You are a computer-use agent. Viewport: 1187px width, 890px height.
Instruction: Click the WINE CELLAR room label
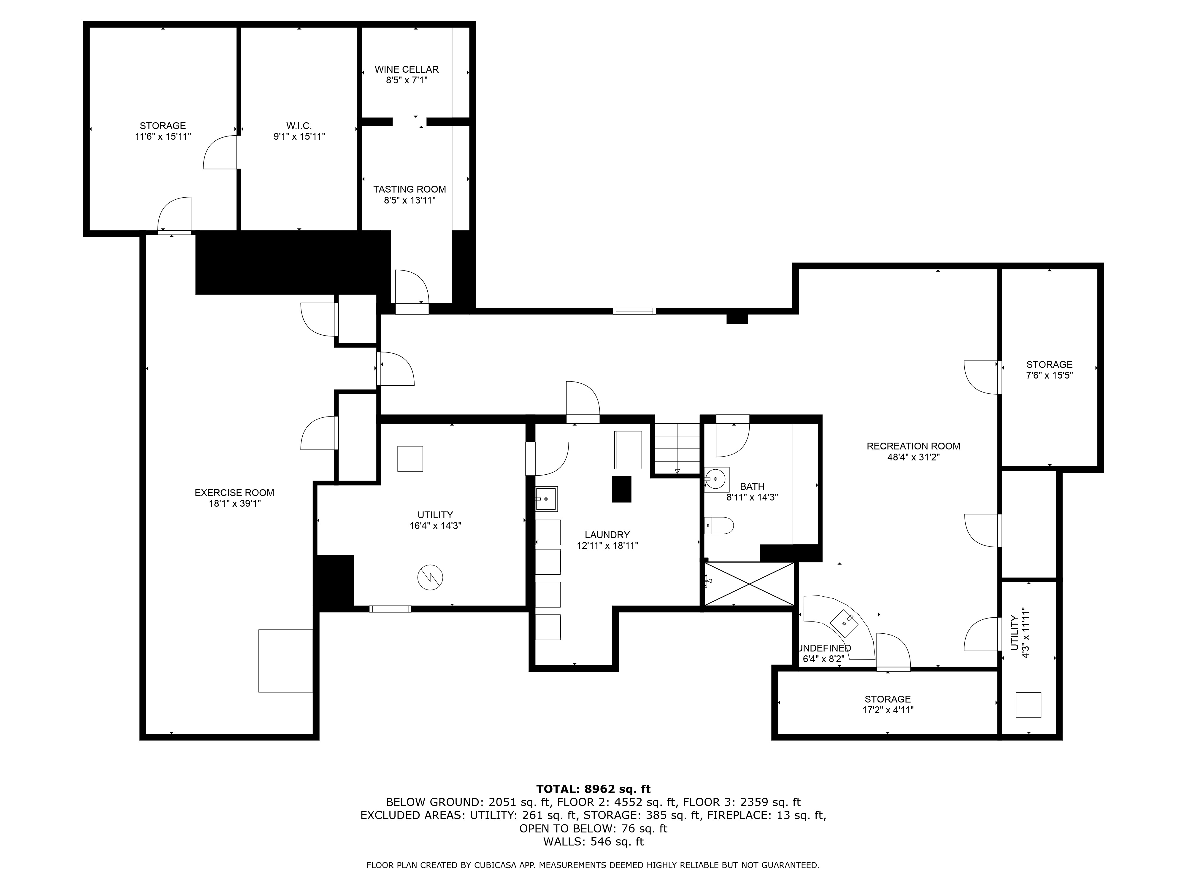click(406, 69)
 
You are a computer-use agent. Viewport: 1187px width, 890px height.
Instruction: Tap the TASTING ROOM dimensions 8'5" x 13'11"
click(410, 201)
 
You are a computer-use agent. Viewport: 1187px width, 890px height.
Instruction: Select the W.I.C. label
click(299, 125)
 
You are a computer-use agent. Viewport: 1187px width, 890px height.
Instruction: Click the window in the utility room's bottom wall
click(390, 608)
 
